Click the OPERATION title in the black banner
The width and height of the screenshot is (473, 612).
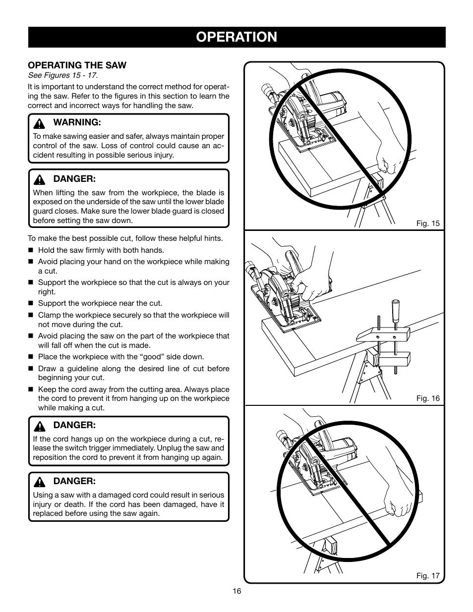pos(236,37)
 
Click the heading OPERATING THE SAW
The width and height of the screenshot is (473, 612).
pos(77,65)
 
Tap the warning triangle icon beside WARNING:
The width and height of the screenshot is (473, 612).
pos(43,122)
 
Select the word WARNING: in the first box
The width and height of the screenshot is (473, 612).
pos(77,122)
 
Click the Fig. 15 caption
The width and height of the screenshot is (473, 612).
pos(428,223)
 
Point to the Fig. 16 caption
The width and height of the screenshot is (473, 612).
pos(428,398)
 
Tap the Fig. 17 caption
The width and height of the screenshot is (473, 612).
pos(428,576)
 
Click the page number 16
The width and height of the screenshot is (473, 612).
pos(236,591)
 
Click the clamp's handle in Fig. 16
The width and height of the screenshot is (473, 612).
pos(396,310)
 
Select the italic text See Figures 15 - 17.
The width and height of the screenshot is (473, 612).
pos(62,75)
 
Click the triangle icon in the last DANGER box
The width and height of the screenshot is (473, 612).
pos(43,482)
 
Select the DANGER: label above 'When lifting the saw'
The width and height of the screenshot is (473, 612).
pos(74,178)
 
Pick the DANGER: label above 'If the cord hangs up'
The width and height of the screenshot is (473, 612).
pos(74,425)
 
